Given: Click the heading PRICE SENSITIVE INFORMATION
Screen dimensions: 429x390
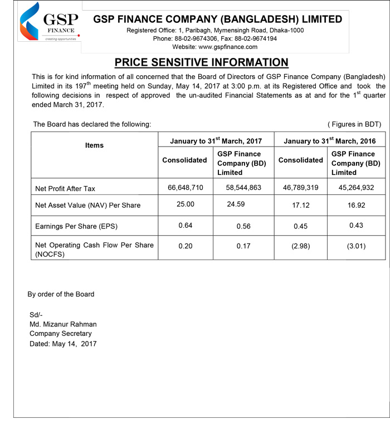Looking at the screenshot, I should pos(201,62).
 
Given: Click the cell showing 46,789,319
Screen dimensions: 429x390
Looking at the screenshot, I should pos(300,188).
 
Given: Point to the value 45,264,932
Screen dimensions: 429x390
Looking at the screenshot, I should pos(357,188).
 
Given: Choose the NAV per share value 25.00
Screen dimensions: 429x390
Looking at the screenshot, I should pos(186,204).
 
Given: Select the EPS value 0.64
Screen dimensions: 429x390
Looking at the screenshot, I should pos(186,225).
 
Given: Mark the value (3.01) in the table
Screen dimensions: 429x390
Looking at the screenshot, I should pos(356,246).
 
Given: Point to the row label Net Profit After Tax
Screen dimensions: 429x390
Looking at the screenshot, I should pos(65,189).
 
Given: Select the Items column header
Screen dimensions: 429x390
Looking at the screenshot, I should pos(94,145).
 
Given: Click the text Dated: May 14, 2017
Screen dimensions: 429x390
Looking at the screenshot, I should pos(63,344).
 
